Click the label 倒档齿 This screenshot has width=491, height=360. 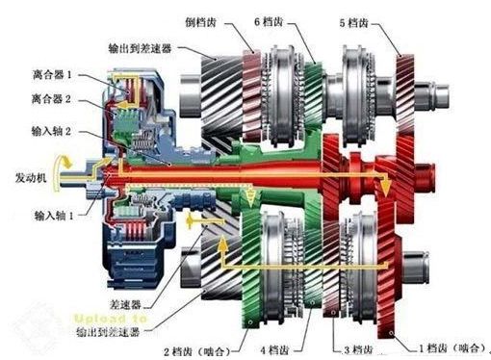click(x=208, y=20)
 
